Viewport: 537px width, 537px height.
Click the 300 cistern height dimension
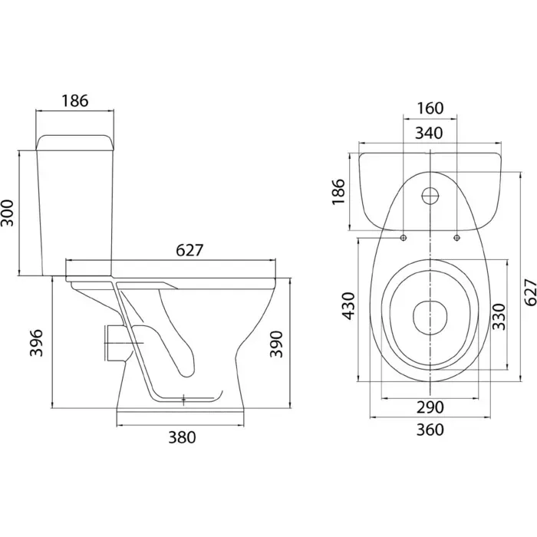click(8, 212)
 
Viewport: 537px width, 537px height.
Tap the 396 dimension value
click(36, 343)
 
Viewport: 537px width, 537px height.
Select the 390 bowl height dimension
click(276, 344)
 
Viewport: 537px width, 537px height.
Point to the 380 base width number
click(182, 437)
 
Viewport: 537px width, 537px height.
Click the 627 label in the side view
click(189, 250)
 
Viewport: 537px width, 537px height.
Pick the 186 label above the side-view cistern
click(75, 100)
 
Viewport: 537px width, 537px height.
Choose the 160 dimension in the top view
click(430, 108)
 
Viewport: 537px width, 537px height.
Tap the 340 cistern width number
click(429, 133)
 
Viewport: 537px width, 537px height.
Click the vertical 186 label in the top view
click(338, 192)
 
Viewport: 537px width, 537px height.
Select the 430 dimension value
click(349, 306)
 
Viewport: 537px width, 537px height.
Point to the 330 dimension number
click(499, 316)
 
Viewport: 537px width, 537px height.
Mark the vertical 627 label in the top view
click(530, 292)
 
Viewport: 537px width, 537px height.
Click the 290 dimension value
click(430, 407)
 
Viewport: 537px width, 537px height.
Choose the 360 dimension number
click(430, 430)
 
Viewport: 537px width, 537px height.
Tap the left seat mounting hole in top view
click(404, 238)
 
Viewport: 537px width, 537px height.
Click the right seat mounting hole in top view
click(456, 238)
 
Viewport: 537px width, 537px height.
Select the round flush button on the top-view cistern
click(430, 196)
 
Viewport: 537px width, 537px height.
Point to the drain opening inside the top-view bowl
click(430, 318)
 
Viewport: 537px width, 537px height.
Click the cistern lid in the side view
click(74, 143)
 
